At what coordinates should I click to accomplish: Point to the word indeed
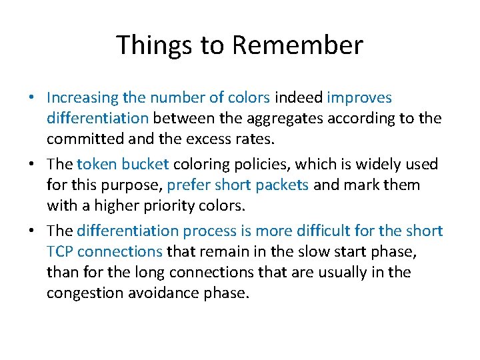tap(298, 98)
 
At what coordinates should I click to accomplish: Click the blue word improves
tap(359, 98)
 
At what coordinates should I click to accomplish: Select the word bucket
tap(146, 164)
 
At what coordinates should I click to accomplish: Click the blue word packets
tap(282, 185)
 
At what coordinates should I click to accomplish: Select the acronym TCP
tap(61, 251)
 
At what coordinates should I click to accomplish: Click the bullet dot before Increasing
tap(32, 98)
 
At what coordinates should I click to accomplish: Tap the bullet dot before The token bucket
tap(32, 164)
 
